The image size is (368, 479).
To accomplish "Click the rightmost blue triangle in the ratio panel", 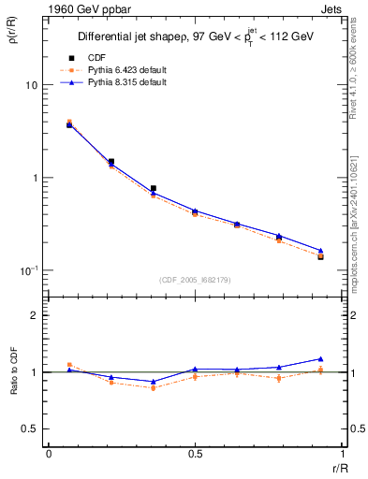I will tap(320, 359).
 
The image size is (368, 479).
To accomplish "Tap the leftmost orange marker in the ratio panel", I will tap(69, 365).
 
